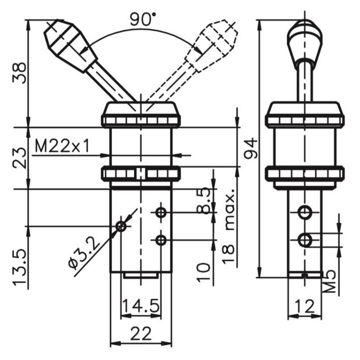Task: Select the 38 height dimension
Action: coord(19,73)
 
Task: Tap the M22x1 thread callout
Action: coord(62,146)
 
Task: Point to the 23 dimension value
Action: coord(19,158)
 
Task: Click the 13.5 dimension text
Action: coord(19,267)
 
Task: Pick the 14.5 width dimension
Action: coord(140,306)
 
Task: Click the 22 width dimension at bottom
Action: coord(141,333)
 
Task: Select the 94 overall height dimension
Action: coord(251,148)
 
